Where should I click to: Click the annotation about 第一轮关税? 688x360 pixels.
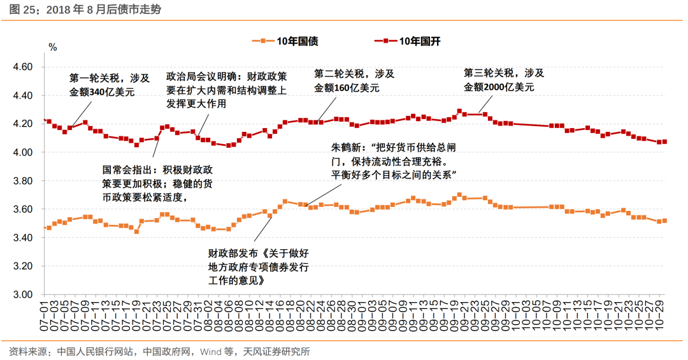(110, 85)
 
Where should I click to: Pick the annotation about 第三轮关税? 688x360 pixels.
(504, 80)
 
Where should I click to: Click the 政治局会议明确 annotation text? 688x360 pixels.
(226, 90)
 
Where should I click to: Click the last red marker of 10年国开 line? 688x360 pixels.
(665, 141)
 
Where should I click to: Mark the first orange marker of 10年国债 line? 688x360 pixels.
(44, 227)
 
